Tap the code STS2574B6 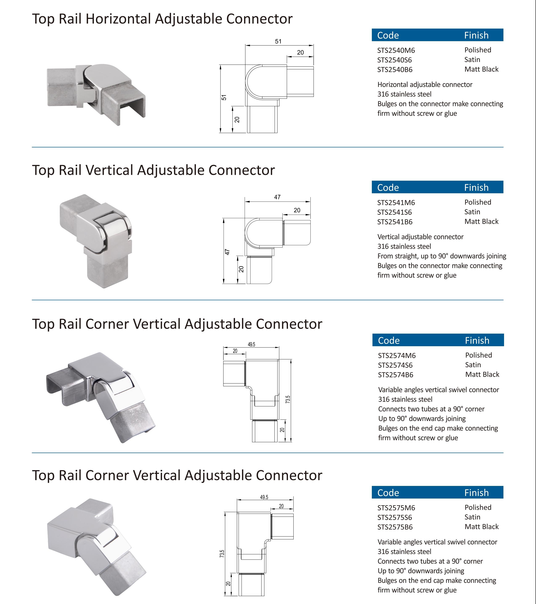tap(396, 375)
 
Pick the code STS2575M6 tap(396, 508)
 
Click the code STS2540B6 tap(395, 70)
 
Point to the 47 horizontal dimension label tap(277, 197)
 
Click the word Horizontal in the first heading tap(118, 19)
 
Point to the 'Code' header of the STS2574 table tap(389, 340)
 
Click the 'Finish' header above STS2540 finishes tap(476, 35)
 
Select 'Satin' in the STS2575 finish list tap(472, 517)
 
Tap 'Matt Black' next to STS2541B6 tap(481, 222)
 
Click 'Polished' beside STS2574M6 tap(479, 355)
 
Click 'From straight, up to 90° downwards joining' tap(442, 256)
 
